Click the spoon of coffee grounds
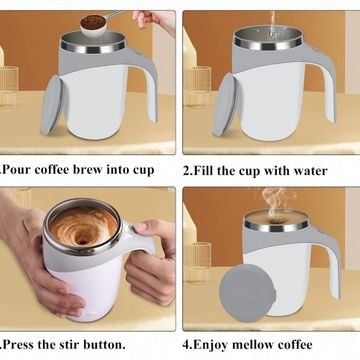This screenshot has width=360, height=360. click(94, 25)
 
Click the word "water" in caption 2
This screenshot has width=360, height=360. click(310, 171)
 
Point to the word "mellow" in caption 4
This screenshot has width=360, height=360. click(254, 344)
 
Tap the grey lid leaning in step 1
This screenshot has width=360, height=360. click(51, 105)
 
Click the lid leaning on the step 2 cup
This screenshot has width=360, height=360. click(224, 105)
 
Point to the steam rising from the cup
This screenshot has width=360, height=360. click(275, 203)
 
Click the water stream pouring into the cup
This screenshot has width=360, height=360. click(273, 23)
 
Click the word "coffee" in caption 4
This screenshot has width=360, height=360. click(296, 344)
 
